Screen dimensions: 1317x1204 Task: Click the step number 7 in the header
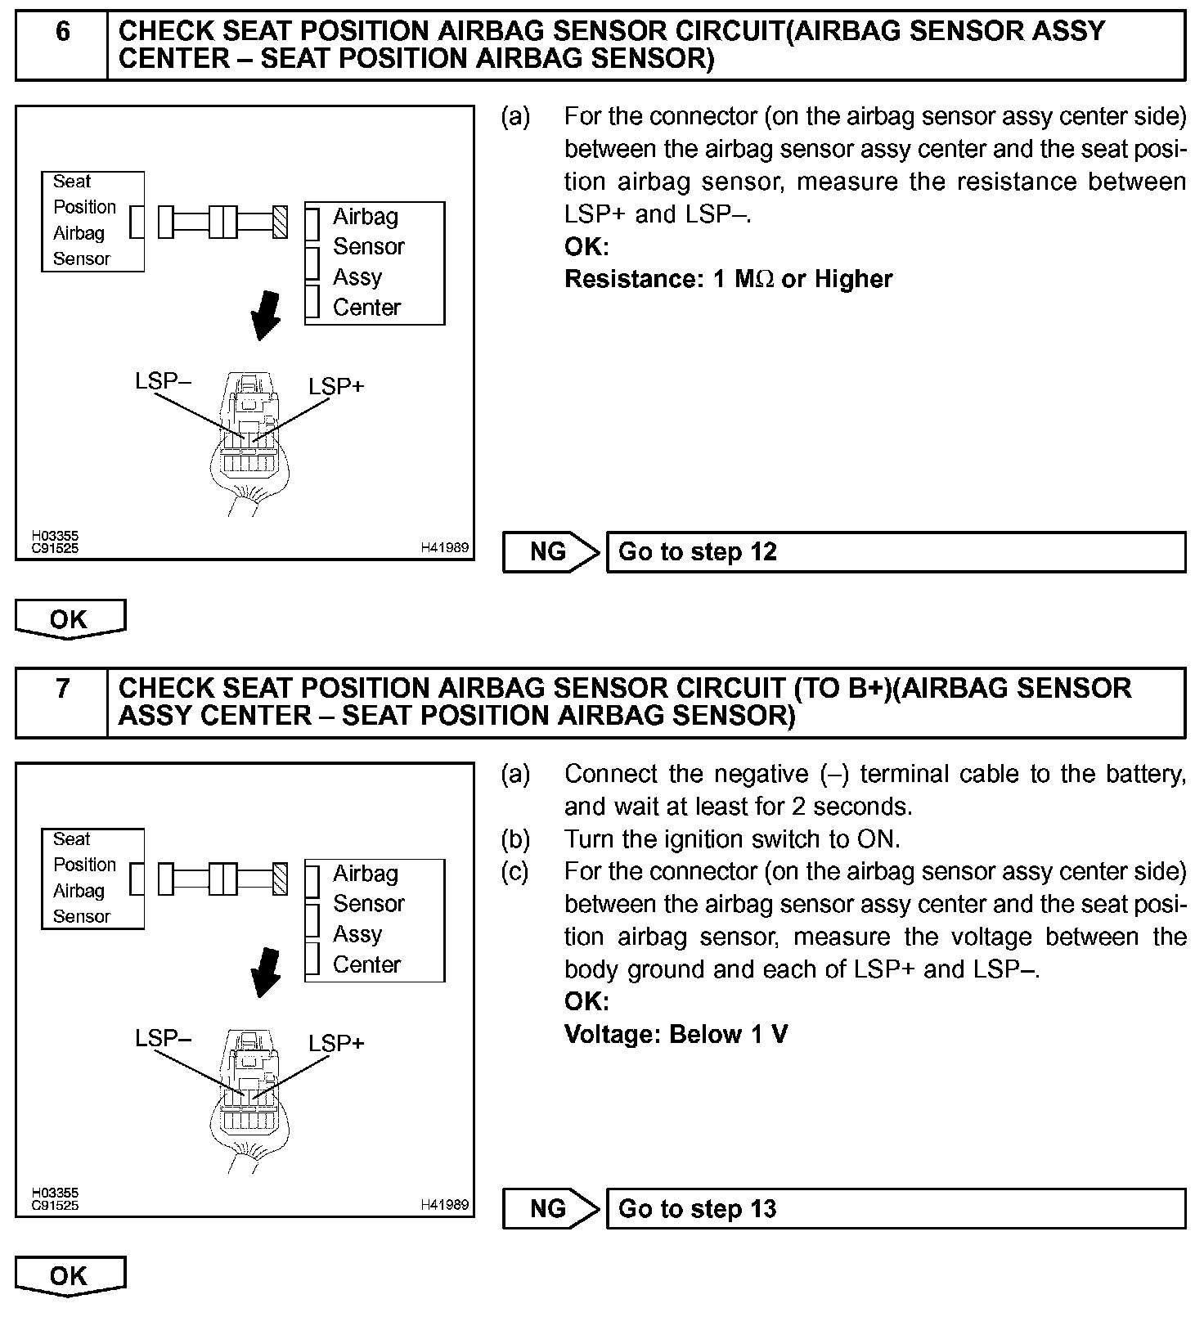click(62, 690)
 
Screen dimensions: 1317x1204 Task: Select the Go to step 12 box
click(895, 552)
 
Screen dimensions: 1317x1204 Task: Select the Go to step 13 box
click(895, 1209)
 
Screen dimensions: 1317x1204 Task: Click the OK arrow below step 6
click(70, 619)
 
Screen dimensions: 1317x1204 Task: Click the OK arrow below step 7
click(70, 1276)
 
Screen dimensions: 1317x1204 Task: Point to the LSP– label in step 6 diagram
click(164, 381)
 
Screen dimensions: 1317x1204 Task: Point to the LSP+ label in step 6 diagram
click(336, 386)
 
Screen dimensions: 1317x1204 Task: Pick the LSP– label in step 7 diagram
click(164, 1038)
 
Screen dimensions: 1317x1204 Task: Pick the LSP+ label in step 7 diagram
click(336, 1043)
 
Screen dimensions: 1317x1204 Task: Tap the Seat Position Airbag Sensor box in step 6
click(92, 221)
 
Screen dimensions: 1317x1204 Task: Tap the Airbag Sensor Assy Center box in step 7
click(375, 920)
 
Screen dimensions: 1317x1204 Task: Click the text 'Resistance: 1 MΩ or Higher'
click(728, 279)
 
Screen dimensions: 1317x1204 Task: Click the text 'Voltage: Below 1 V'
click(676, 1034)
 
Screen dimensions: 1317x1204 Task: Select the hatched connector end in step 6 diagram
click(280, 222)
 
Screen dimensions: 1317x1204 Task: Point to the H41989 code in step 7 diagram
click(444, 1204)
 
